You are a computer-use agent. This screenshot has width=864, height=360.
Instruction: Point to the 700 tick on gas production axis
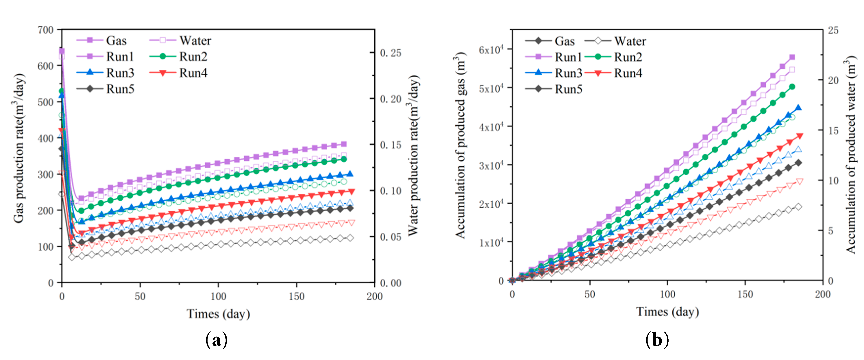(46, 30)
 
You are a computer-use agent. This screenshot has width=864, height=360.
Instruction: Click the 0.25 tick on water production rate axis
(390, 53)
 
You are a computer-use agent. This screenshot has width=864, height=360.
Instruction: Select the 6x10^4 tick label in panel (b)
(491, 50)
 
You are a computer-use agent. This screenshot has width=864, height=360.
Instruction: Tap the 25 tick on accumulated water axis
(833, 30)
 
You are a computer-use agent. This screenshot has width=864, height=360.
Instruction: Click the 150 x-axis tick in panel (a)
(296, 296)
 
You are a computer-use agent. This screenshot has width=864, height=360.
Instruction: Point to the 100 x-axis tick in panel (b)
(667, 294)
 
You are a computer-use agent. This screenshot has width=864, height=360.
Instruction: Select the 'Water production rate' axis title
(413, 155)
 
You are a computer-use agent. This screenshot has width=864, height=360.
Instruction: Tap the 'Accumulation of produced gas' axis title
(461, 145)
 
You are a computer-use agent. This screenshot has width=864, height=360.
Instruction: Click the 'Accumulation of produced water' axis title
(851, 154)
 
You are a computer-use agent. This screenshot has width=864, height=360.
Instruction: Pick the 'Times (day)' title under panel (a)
(218, 314)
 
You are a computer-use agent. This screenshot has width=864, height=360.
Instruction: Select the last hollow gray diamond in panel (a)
(350, 238)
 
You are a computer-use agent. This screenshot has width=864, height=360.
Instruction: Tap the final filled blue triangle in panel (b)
(798, 108)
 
